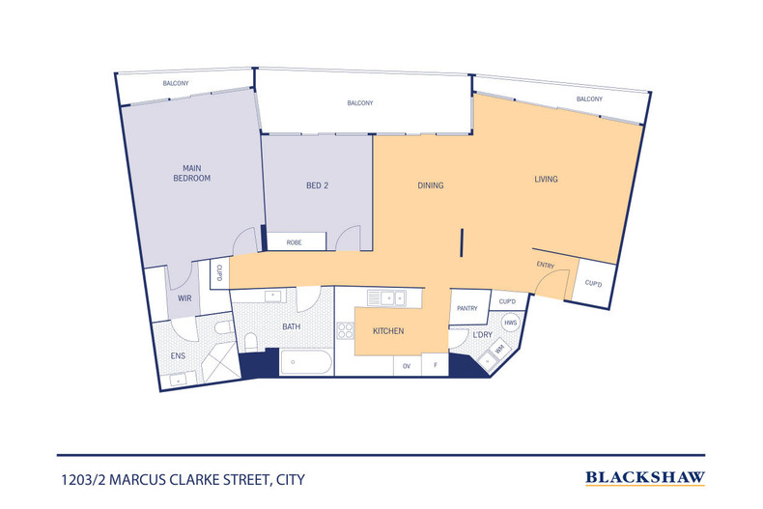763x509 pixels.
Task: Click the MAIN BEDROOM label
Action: pyautogui.click(x=191, y=173)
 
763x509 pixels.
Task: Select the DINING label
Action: pyautogui.click(x=430, y=185)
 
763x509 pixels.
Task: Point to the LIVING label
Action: pyautogui.click(x=546, y=180)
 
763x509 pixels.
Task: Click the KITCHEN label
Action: pyautogui.click(x=388, y=332)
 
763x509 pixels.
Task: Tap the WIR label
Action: pyautogui.click(x=184, y=298)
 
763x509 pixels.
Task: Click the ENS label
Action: pyautogui.click(x=178, y=355)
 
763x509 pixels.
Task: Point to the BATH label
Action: pyautogui.click(x=291, y=327)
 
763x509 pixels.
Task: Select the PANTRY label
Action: pyautogui.click(x=468, y=308)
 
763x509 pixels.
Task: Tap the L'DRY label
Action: pyautogui.click(x=481, y=335)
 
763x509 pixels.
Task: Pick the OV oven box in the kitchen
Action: pyautogui.click(x=407, y=366)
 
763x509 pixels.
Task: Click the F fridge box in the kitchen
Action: pyautogui.click(x=436, y=366)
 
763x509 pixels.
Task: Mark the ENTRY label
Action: pyautogui.click(x=546, y=264)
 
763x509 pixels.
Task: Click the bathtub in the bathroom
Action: pyautogui.click(x=305, y=364)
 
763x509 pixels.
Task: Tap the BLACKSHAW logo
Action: pyautogui.click(x=645, y=477)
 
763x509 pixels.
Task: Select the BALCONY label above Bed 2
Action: pyautogui.click(x=359, y=103)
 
